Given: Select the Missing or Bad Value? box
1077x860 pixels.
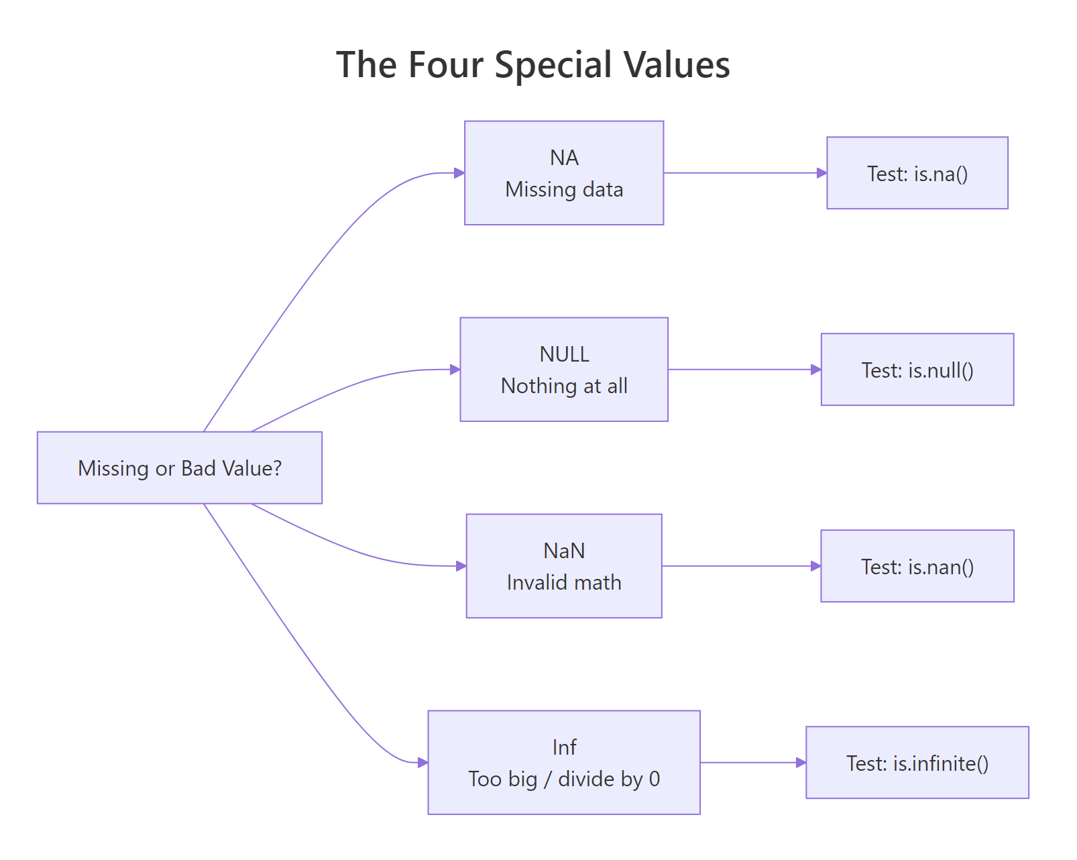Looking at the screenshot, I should coord(179,468).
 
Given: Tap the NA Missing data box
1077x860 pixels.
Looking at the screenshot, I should coord(563,173).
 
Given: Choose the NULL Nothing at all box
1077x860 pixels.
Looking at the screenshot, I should coord(563,370).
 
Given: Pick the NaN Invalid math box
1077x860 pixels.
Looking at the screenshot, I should coord(563,566).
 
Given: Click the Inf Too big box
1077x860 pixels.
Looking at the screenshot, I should coord(563,763).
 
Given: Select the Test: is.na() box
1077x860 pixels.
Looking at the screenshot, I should coord(917,173).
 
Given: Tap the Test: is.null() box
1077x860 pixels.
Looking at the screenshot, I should coord(917,370).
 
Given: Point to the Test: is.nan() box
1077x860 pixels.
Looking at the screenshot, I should coord(917,566).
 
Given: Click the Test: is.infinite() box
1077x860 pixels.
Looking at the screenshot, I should coord(917,763).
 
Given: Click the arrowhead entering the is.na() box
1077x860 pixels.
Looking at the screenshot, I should coord(821,173).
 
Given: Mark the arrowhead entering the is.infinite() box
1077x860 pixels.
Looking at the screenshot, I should coord(801,763).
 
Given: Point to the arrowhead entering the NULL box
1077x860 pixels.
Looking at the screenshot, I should coord(455,370).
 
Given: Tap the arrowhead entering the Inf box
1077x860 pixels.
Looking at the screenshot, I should coord(422,763).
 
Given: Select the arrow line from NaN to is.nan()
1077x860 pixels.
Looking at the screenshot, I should coord(738,566).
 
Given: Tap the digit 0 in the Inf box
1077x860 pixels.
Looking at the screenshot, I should coord(654,779).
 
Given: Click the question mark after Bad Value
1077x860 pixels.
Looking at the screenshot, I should coord(277,468).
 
